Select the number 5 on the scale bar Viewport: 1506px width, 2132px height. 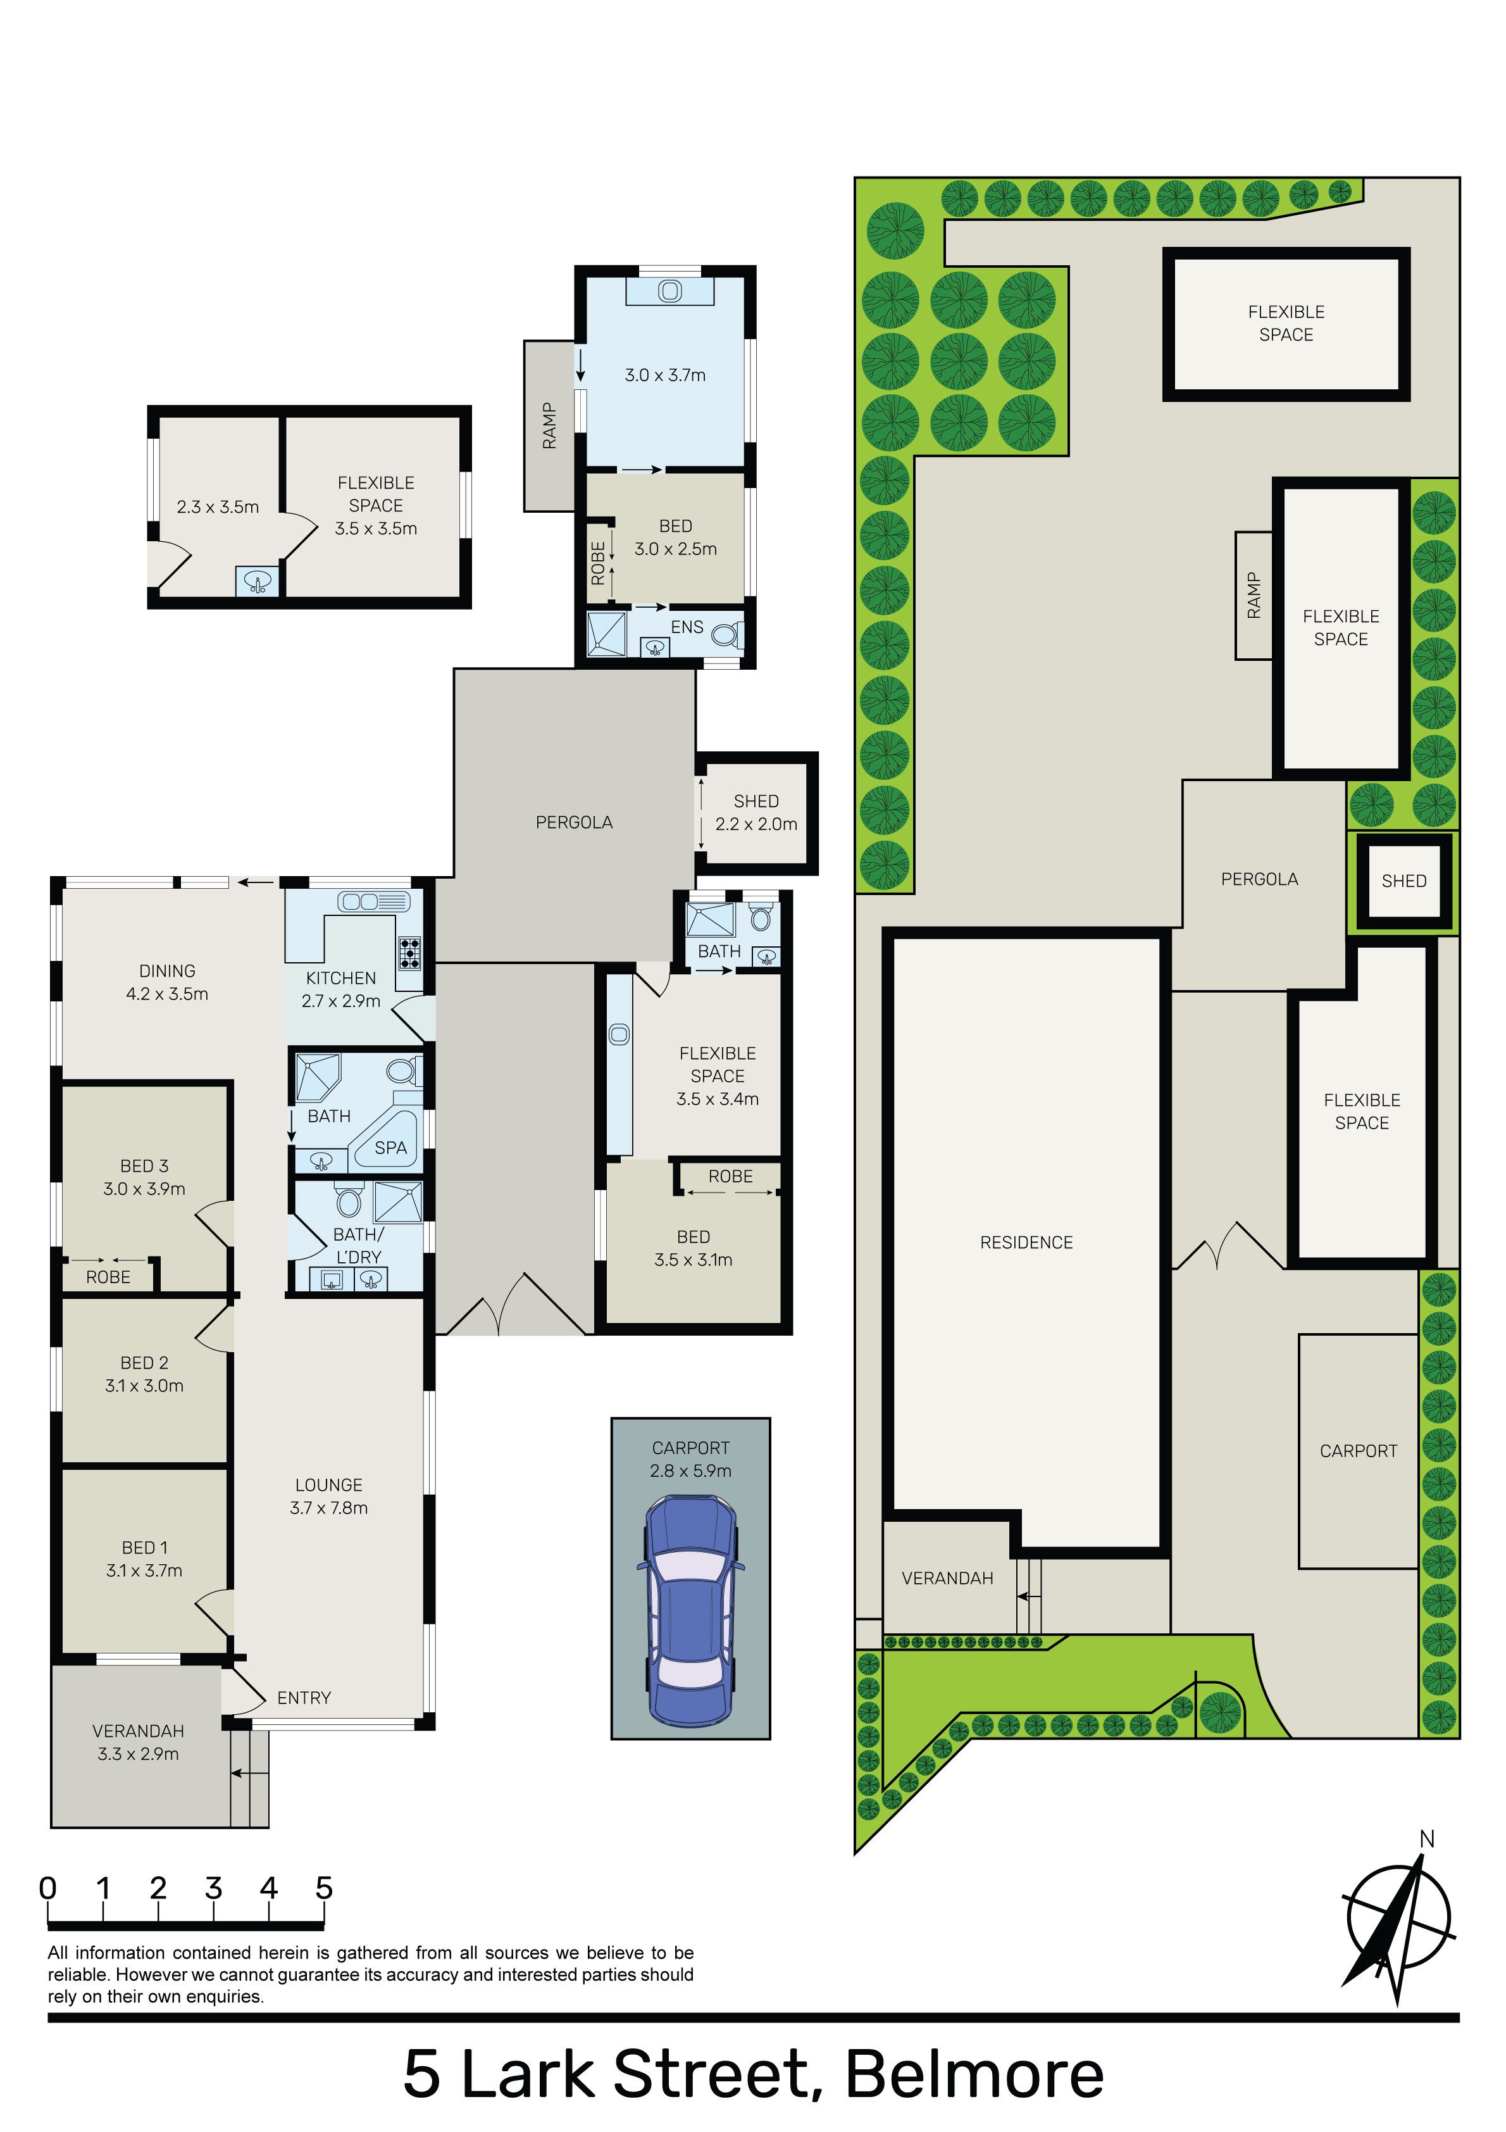pos(323,1888)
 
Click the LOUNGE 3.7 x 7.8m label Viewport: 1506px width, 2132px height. pos(328,1496)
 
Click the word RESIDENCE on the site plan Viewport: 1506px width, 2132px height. pos(1026,1243)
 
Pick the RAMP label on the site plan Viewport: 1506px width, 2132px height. pos(1254,595)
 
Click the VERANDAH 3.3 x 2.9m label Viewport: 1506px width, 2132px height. pos(139,1742)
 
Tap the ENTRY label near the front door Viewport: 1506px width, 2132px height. pos(304,1697)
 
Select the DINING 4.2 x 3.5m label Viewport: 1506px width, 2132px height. pos(167,982)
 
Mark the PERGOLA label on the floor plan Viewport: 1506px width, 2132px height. pos(574,822)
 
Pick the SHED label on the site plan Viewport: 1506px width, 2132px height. pos(1404,881)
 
